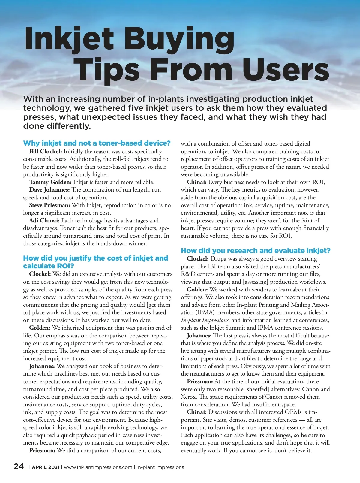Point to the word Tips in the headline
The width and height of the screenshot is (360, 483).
click(107, 70)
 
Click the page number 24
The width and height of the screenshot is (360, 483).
click(19, 466)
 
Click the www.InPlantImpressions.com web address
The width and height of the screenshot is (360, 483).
click(98, 467)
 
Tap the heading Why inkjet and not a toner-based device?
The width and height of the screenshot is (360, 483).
click(97, 143)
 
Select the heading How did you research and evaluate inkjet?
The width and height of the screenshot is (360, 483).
click(256, 251)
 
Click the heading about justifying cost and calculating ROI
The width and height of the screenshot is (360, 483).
click(96, 262)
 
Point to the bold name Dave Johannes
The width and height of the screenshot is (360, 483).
click(49, 190)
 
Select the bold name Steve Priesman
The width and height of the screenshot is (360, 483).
click(49, 205)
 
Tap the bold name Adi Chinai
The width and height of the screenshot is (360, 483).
click(44, 221)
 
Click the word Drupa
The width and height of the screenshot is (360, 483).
click(219, 259)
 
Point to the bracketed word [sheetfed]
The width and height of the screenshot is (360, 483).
click(262, 389)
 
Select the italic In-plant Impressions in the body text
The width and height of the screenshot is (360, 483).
click(205, 320)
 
